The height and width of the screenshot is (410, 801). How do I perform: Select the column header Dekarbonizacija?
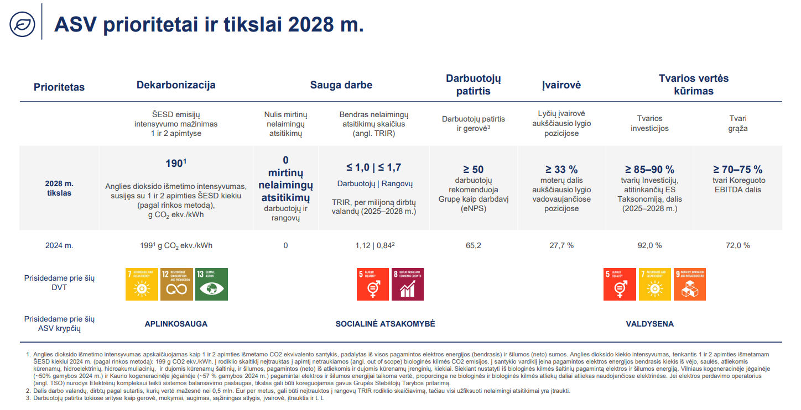[176, 85]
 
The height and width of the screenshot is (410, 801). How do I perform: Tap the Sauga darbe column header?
[341, 85]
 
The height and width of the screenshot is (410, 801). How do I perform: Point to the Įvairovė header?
[561, 85]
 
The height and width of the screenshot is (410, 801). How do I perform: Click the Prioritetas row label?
[59, 87]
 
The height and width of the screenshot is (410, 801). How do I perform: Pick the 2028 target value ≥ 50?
[473, 170]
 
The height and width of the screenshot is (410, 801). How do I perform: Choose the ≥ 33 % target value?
[561, 170]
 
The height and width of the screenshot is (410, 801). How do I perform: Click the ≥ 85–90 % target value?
[649, 170]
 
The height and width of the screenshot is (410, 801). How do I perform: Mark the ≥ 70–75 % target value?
[737, 170]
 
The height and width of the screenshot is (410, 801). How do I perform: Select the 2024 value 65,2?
[474, 245]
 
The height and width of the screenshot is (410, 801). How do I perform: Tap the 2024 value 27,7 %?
[561, 245]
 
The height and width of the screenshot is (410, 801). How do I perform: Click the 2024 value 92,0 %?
[649, 245]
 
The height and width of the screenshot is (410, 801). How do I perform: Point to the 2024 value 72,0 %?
[738, 245]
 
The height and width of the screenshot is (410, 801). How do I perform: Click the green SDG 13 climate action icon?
[211, 284]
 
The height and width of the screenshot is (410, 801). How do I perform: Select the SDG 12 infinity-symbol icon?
[176, 284]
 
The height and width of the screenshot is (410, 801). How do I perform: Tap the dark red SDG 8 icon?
[407, 284]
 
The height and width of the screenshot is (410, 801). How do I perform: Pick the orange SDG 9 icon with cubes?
[690, 284]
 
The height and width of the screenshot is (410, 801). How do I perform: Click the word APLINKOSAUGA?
[176, 324]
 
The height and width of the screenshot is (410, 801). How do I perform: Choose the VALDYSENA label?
[649, 324]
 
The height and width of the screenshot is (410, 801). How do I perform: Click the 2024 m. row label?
[59, 245]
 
